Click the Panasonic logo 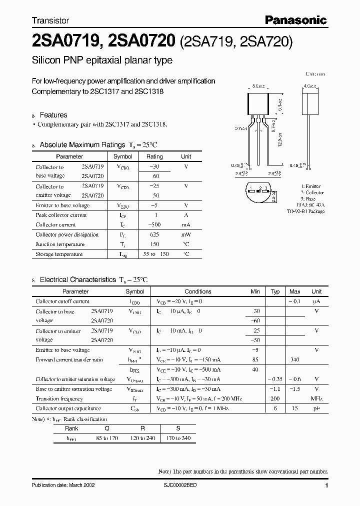point(295,20)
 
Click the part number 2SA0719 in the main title point(64,40)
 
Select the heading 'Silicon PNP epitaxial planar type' point(102,60)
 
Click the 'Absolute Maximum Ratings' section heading point(82,144)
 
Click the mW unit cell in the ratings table point(185,234)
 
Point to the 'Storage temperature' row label point(59,254)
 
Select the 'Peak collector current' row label point(61,215)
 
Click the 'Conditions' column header point(198,291)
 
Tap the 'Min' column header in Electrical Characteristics point(255,291)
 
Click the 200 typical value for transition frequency point(275,398)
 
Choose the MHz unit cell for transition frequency point(316,398)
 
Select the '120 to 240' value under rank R point(143,438)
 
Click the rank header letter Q point(106,428)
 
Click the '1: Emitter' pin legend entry point(313,186)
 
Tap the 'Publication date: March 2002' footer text point(63,485)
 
